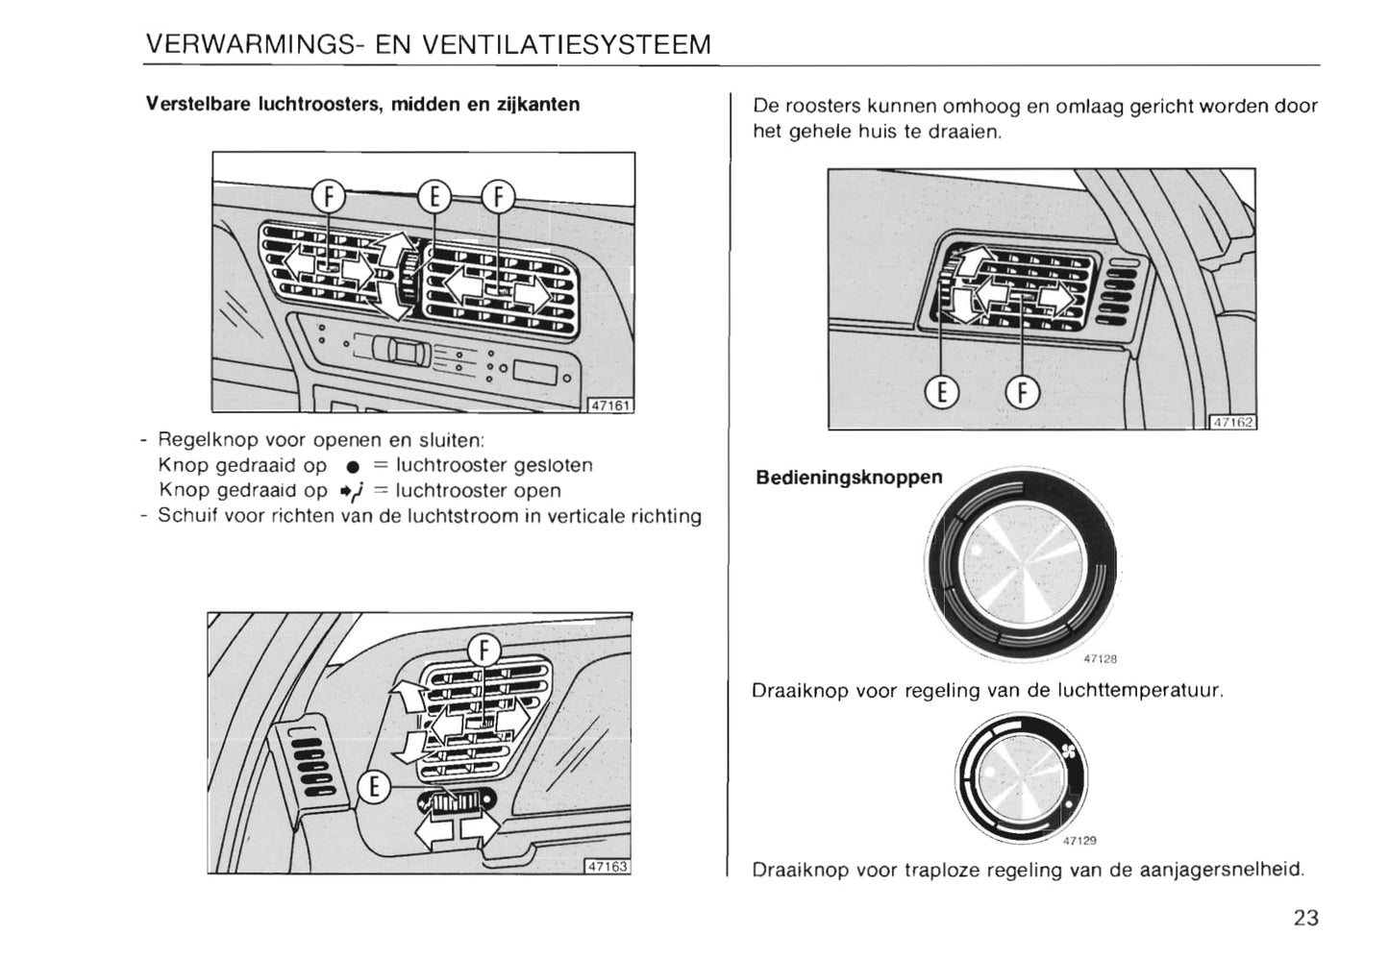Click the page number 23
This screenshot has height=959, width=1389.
(x=1305, y=918)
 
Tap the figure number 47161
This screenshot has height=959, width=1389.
(x=609, y=406)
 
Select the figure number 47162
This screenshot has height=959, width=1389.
(x=1232, y=422)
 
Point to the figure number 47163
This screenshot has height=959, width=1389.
(x=608, y=866)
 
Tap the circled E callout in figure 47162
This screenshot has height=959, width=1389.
(x=942, y=392)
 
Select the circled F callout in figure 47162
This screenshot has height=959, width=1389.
(x=1022, y=392)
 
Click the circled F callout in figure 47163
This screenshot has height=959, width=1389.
(x=484, y=651)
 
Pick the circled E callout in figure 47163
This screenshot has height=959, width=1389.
(x=375, y=788)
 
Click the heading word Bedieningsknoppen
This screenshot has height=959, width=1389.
(x=849, y=478)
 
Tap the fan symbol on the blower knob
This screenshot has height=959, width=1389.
(x=1066, y=751)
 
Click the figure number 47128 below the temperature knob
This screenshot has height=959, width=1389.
(x=1100, y=659)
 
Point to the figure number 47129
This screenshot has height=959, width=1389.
(x=1079, y=841)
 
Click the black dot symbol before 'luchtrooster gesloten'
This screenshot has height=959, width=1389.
(x=352, y=467)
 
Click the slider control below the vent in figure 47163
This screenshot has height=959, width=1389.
(x=458, y=800)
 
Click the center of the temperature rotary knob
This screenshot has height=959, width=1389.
(x=1022, y=563)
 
